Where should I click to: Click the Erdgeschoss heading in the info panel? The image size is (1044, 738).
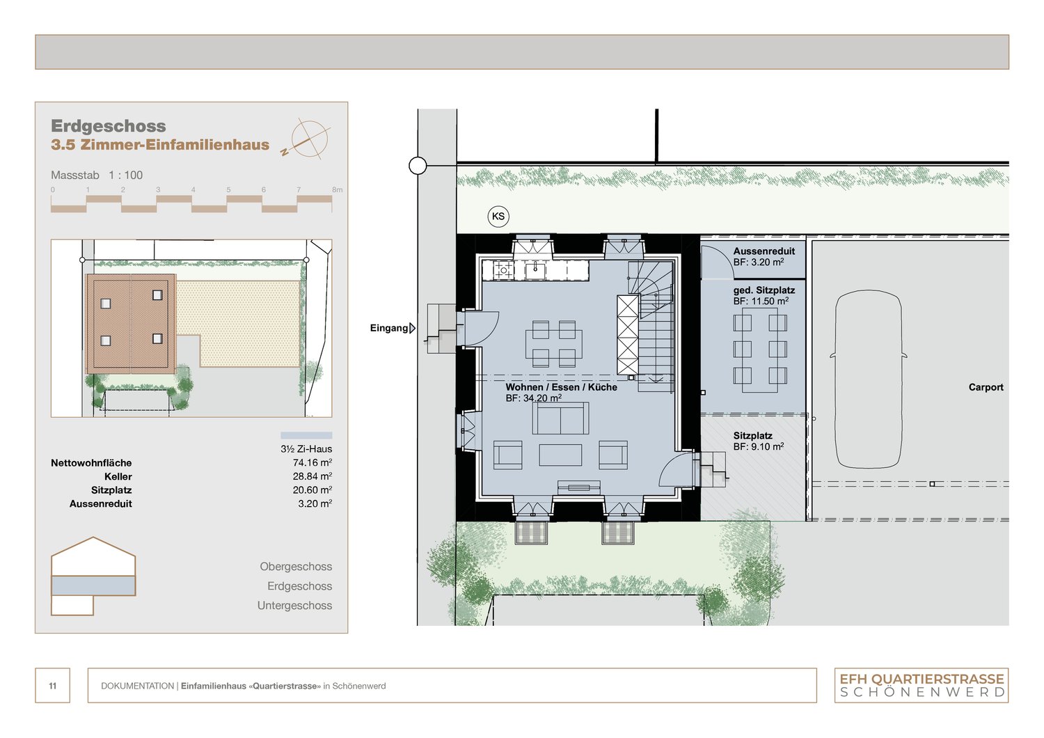click(109, 126)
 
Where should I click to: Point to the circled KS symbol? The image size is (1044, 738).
click(498, 217)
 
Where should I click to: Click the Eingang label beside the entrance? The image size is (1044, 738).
click(389, 328)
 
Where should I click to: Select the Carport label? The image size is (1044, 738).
click(986, 387)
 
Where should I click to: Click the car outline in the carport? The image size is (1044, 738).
click(868, 379)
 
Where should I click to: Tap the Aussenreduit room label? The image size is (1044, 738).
click(764, 251)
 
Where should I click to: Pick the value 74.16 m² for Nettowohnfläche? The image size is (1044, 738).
click(312, 463)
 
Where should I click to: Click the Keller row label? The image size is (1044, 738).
click(118, 477)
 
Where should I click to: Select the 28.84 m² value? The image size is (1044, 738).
click(312, 477)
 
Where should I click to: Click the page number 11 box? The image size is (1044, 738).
click(53, 686)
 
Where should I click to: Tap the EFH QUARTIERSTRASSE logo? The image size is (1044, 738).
click(922, 685)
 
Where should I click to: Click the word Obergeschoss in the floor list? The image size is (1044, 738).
click(296, 567)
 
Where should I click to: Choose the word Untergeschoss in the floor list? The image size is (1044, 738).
click(294, 606)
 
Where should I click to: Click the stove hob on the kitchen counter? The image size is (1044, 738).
click(503, 270)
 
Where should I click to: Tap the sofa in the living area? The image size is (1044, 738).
click(560, 418)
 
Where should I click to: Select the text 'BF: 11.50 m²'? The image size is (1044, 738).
click(761, 301)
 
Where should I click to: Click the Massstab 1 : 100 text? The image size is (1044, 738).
click(97, 175)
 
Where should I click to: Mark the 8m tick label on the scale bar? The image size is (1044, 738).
click(337, 189)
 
